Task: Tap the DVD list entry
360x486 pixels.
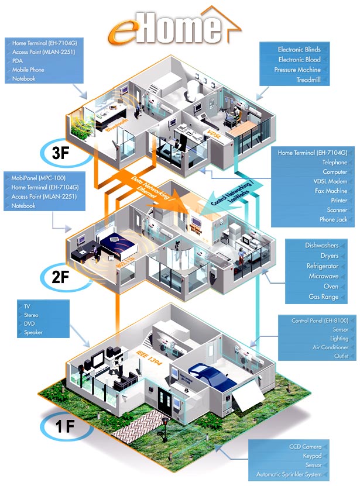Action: click(x=29, y=324)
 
